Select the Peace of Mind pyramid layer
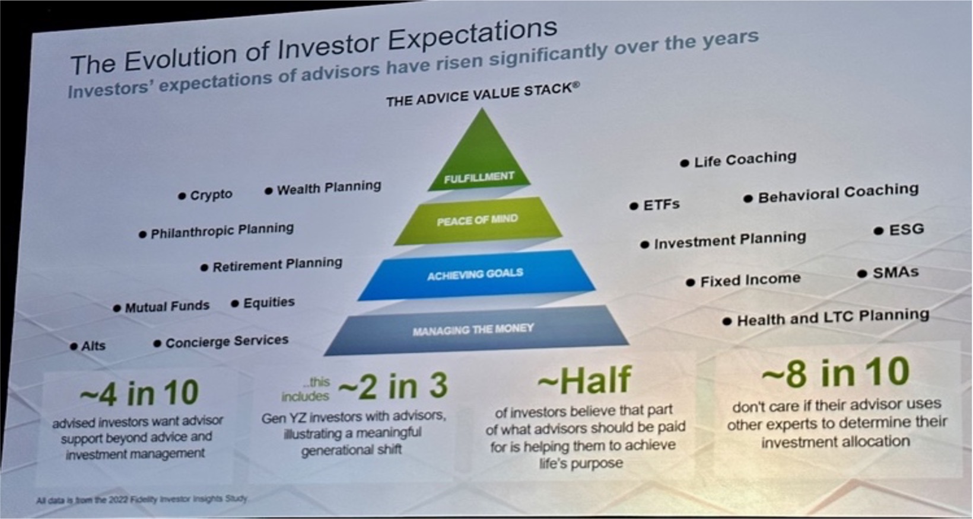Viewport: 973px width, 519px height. pos(478,220)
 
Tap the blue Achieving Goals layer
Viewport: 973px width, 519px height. pos(476,275)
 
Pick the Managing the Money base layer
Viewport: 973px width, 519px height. pos(475,330)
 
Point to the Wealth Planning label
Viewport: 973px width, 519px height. pos(323,188)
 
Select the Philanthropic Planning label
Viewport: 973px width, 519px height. pos(217,231)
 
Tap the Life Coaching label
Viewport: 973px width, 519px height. pos(738,160)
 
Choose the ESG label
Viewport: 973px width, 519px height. pos(899,229)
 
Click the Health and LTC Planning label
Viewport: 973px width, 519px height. pos(826,318)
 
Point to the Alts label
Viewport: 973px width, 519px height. pos(88,346)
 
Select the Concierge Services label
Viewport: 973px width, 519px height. pos(221,342)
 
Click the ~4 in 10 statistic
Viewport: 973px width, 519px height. pos(139,393)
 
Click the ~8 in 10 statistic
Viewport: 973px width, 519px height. pos(836,372)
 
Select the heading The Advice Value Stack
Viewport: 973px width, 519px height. pos(483,95)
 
